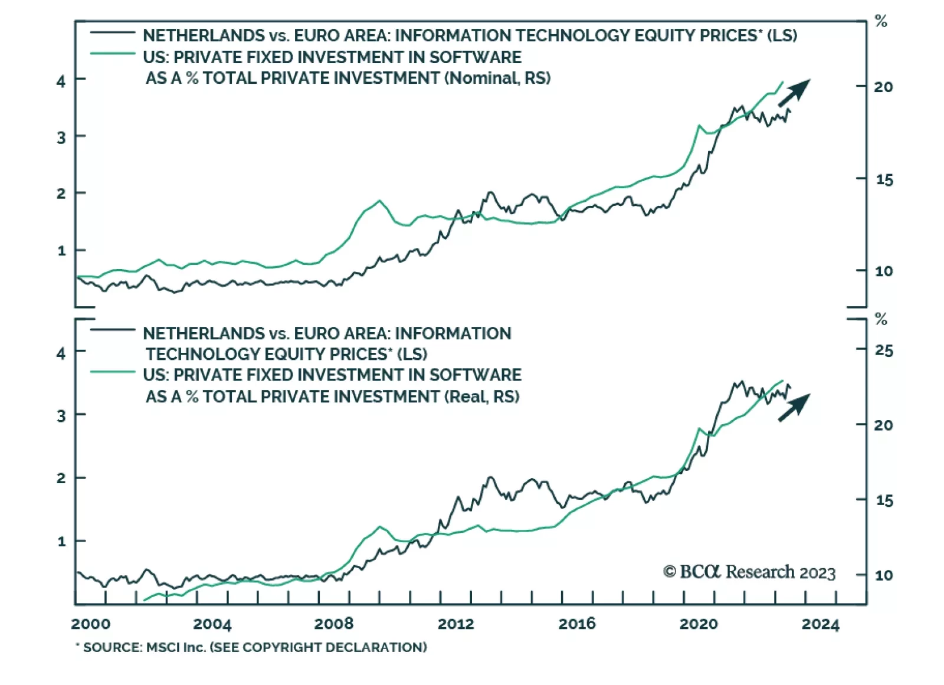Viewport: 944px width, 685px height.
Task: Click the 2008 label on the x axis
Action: (333, 624)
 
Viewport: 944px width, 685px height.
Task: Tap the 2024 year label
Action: (820, 624)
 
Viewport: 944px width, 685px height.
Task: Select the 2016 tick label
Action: (576, 624)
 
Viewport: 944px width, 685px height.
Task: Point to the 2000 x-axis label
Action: (90, 624)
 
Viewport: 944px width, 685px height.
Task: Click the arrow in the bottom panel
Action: (794, 407)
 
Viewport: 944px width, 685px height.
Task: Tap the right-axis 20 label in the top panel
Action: (883, 87)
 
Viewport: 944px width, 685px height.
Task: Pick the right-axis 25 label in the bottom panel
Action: (883, 350)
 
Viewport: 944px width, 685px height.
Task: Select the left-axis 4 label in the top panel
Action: (61, 80)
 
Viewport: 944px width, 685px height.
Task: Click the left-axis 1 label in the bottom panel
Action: (61, 541)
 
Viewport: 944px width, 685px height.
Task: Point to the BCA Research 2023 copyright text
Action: (749, 572)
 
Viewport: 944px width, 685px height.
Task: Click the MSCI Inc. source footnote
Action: (251, 647)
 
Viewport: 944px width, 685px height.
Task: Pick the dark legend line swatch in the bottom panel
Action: (112, 329)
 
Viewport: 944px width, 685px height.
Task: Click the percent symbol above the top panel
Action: (881, 22)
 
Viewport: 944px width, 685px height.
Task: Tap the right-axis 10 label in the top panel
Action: (883, 271)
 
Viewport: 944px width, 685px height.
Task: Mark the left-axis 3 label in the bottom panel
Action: (61, 416)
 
